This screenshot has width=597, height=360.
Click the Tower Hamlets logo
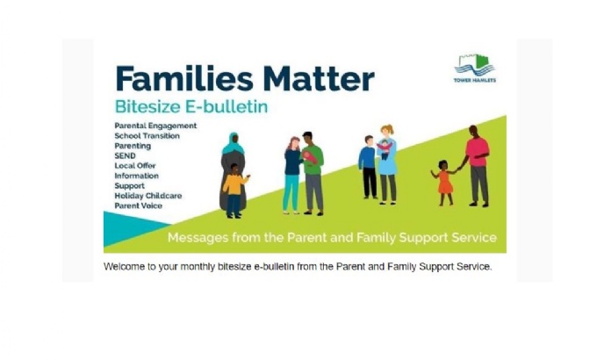tap(475, 68)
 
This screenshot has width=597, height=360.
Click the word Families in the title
tap(184, 79)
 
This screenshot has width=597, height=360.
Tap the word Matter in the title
tap(319, 79)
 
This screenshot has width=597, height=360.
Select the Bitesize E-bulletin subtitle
tap(191, 106)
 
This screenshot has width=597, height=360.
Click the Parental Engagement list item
tap(155, 126)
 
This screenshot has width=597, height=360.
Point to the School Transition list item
tap(147, 135)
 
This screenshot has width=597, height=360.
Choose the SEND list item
tap(125, 155)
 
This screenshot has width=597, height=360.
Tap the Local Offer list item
tap(135, 166)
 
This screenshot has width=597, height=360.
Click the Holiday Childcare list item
tap(148, 196)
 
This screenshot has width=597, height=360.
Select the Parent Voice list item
tap(138, 205)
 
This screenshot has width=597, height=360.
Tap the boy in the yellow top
tap(234, 191)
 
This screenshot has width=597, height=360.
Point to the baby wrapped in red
tap(310, 156)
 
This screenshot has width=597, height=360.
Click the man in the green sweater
tap(313, 173)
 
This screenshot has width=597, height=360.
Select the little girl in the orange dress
tap(445, 183)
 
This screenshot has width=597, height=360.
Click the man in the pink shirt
tap(477, 166)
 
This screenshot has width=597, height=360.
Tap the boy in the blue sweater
tap(368, 167)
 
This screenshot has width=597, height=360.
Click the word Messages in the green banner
tap(198, 238)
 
